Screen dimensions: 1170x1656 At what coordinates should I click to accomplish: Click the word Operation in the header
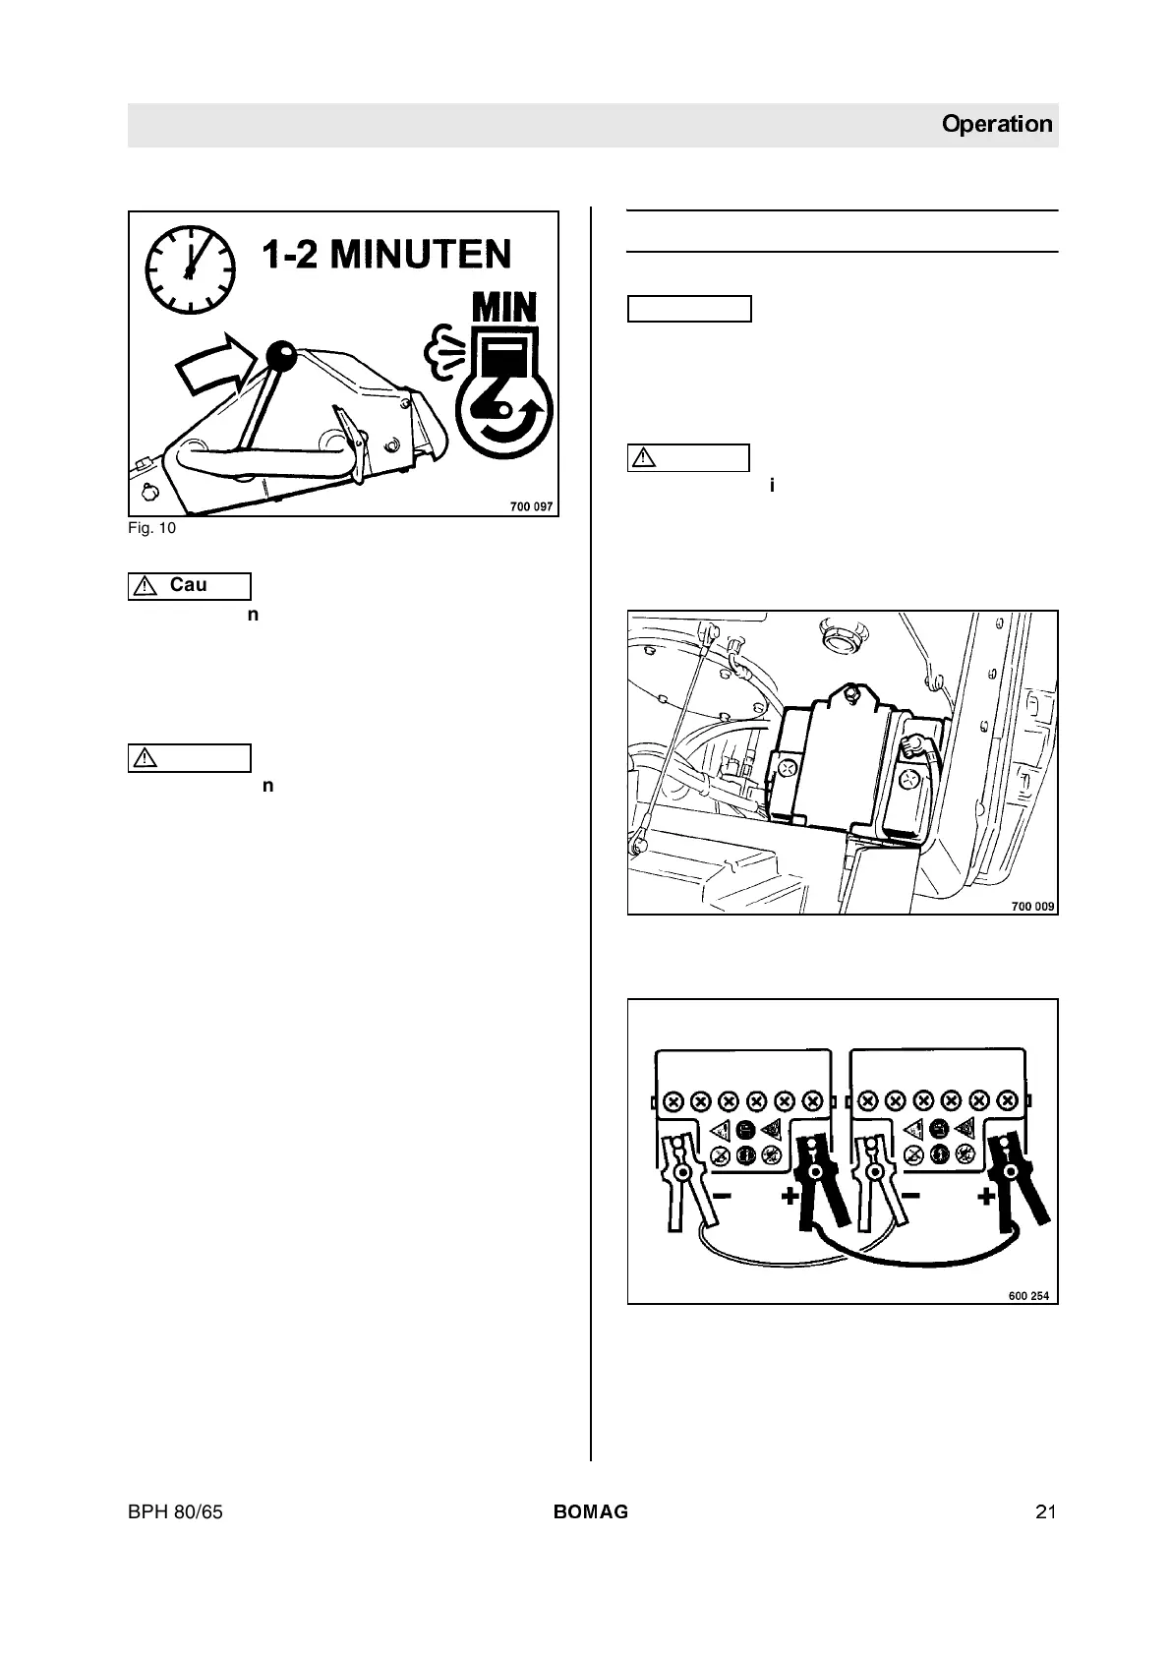(x=996, y=125)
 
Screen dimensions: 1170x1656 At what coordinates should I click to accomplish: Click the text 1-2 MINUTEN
(x=386, y=255)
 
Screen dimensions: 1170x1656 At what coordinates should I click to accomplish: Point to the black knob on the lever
(x=283, y=355)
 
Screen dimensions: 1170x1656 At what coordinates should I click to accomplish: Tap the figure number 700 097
(x=531, y=506)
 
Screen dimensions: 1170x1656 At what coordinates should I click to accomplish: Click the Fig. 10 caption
(x=152, y=528)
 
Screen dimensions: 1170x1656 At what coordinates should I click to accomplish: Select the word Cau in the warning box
(x=188, y=585)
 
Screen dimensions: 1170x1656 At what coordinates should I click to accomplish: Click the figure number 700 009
(x=1033, y=906)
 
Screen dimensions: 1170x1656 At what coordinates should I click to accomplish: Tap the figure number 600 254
(x=1028, y=1295)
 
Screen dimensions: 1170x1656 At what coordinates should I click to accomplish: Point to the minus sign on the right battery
(x=909, y=1196)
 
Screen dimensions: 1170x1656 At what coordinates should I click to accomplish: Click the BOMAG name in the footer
(x=590, y=1512)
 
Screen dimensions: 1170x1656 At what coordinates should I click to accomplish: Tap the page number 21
(x=1045, y=1512)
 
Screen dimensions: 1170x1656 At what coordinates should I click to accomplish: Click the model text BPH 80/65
(x=175, y=1512)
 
